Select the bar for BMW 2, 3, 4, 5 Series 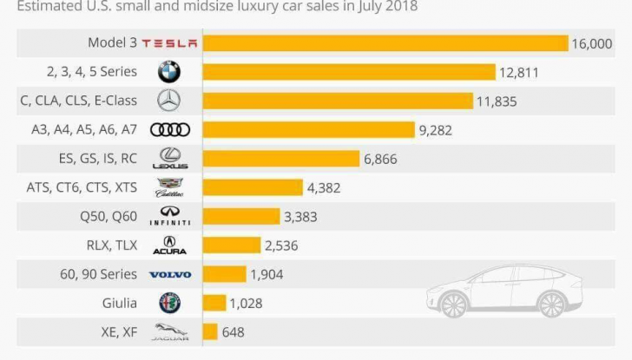tap(348, 72)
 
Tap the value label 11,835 tap(496, 101)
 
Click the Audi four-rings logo tap(169, 130)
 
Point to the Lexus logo tap(169, 158)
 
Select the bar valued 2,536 tap(231, 245)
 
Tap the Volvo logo tap(169, 274)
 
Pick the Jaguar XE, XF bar tap(209, 331)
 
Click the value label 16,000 tap(592, 43)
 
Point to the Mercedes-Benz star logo tap(169, 101)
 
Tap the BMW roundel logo tap(169, 72)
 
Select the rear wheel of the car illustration tap(550, 304)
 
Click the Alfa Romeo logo tap(169, 303)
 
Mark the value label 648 tap(233, 331)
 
